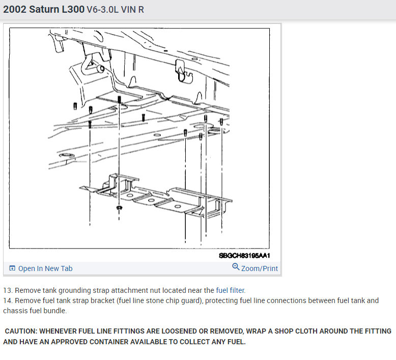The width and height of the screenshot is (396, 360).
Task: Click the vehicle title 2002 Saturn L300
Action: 44,9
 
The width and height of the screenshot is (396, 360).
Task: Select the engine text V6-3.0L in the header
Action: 102,10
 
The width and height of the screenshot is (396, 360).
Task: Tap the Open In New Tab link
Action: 45,268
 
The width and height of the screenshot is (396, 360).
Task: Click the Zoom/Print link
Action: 260,268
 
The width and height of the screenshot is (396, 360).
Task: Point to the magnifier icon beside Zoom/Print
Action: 236,266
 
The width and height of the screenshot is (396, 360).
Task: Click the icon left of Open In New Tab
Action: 12,268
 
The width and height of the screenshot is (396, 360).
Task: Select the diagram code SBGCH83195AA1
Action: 244,256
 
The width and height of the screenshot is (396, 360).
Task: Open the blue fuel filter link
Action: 231,290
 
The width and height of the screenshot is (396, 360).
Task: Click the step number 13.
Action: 8,290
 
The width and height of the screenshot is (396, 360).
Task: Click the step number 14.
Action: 8,301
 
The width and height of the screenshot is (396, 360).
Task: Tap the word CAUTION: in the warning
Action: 21,331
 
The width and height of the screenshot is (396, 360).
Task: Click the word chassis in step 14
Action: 14,311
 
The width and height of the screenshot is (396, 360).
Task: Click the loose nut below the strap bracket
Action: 119,208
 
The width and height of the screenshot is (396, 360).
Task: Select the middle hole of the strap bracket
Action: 151,200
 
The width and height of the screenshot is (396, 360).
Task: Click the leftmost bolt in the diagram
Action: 75,106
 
